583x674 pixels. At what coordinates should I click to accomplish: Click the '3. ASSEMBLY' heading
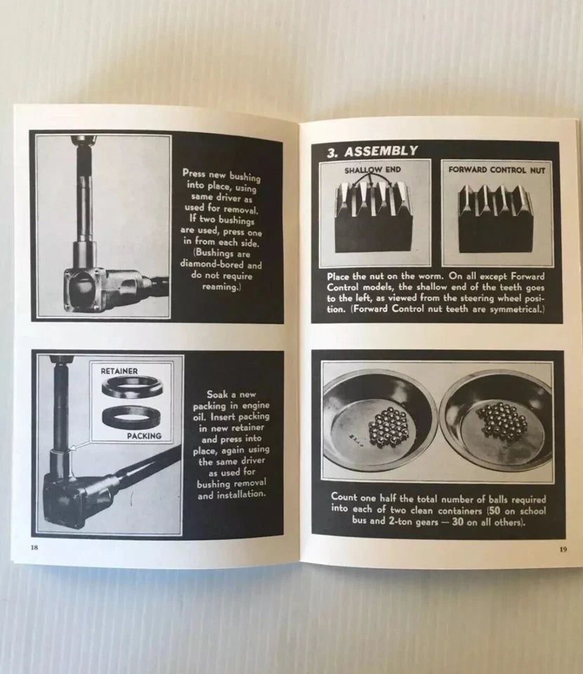coord(372,152)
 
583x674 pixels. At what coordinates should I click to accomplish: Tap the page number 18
coord(35,547)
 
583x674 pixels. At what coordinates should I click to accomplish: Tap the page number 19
coord(563,549)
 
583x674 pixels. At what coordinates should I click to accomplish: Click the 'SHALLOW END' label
coord(372,170)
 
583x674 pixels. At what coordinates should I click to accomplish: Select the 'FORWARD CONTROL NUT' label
coord(497,170)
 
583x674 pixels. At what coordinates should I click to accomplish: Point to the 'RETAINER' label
coord(119,371)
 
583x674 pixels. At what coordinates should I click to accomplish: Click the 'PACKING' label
coord(144,435)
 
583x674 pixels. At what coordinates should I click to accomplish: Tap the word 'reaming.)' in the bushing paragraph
coord(221,286)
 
